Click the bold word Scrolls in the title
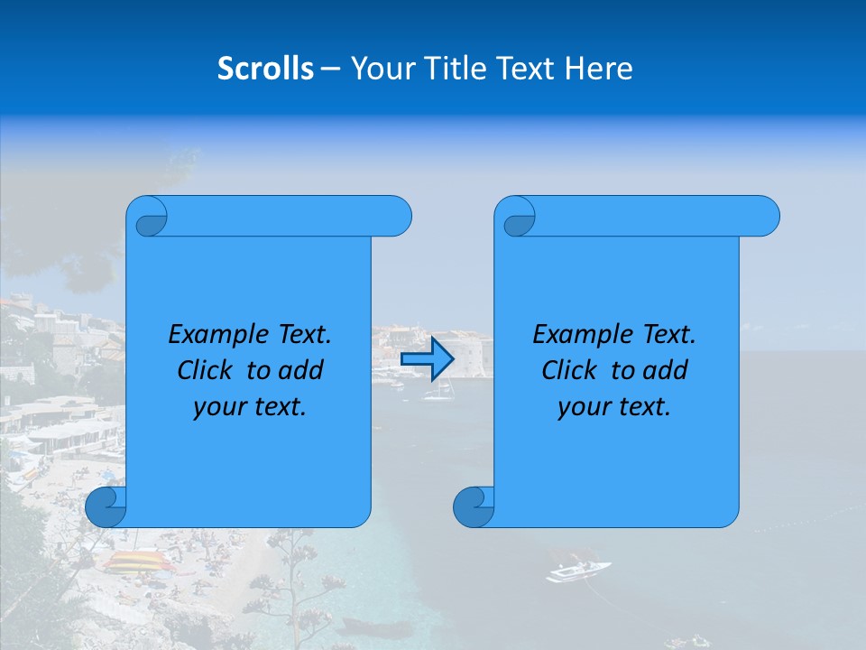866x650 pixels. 265,69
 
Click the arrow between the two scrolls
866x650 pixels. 427,358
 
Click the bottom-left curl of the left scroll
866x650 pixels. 106,506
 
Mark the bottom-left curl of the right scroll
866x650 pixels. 474,506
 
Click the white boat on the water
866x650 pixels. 577,571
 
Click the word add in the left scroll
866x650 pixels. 301,370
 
